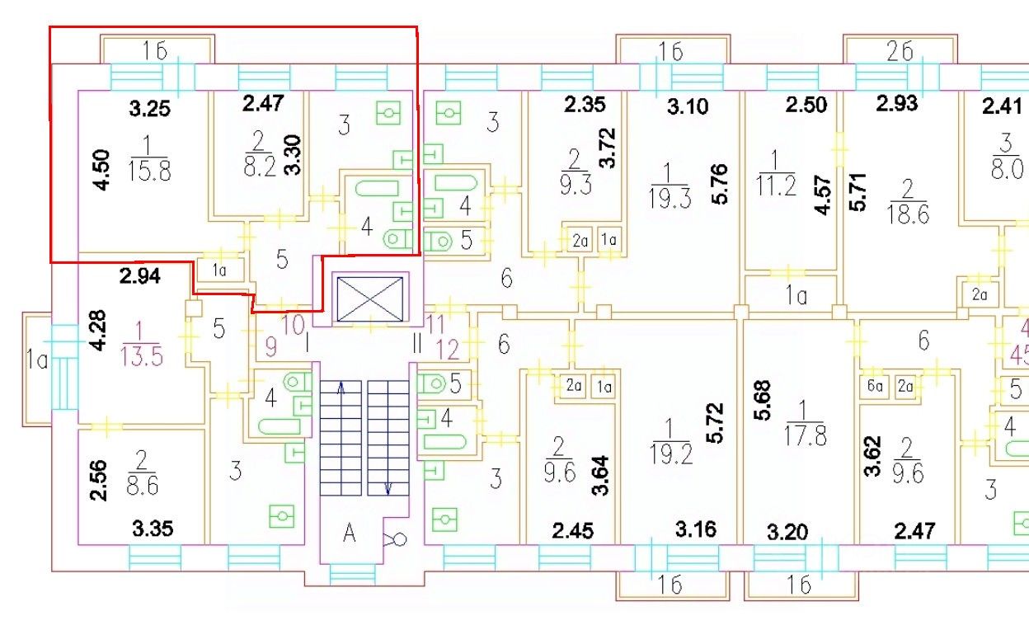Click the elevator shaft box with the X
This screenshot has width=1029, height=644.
click(369, 298)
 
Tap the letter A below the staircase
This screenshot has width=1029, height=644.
click(350, 534)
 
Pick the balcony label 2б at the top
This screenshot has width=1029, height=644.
click(900, 51)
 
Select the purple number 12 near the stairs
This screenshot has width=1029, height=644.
click(448, 350)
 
